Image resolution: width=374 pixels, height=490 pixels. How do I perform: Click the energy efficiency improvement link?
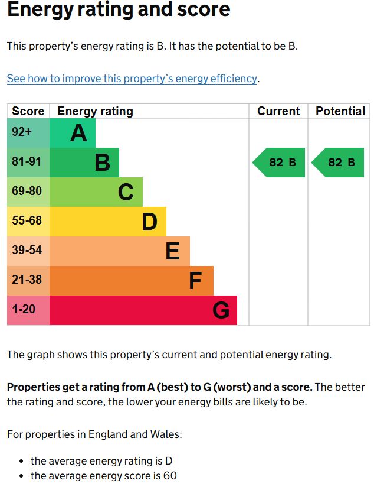point(132,79)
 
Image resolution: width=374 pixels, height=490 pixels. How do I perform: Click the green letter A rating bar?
point(73,133)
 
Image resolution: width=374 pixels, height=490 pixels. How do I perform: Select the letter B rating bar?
point(84,163)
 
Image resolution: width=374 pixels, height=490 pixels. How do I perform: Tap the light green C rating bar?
point(96,192)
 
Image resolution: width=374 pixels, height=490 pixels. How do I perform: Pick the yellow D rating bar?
point(108,222)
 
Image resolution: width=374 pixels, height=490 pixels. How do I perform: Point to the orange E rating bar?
point(120,251)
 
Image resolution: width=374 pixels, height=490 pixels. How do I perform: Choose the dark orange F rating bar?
point(132,281)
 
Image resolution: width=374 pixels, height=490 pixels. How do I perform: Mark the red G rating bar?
point(143,310)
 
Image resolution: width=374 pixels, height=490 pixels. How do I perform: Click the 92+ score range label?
point(22,132)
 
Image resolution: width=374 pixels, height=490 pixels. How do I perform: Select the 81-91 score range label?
point(27,161)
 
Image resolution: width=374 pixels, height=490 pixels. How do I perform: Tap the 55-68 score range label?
point(27,220)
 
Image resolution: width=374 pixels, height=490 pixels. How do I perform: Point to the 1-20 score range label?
point(24,309)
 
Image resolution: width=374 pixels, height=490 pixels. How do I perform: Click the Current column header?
point(278,111)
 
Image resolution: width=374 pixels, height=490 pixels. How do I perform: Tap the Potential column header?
point(340,111)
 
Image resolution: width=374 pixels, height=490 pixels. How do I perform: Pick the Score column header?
point(28,111)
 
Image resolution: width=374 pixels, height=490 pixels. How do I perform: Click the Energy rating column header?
point(95,111)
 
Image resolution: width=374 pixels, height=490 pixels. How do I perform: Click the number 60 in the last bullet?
point(170,476)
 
